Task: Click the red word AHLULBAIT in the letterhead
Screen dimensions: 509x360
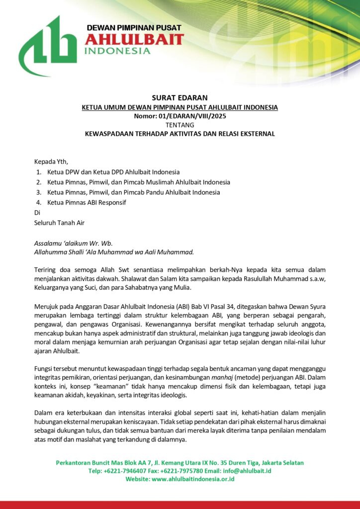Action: click(134, 39)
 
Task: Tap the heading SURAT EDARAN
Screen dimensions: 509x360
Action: click(180, 97)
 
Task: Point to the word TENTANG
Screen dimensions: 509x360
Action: click(180, 125)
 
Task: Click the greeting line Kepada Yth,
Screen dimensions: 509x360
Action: click(51, 162)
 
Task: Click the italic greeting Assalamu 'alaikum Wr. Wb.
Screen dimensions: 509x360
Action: click(73, 243)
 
